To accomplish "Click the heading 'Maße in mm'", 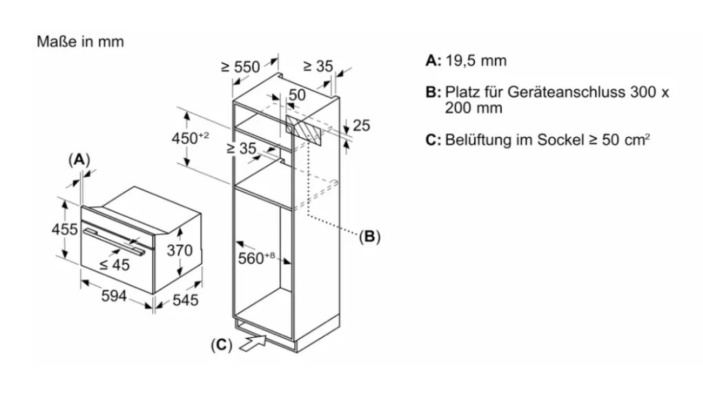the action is click(x=80, y=42).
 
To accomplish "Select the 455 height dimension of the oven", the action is click(x=65, y=229).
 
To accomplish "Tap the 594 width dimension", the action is click(x=114, y=296).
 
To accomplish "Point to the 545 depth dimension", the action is click(x=185, y=300).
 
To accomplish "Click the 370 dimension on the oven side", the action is click(x=179, y=250).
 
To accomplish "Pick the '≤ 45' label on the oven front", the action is click(x=114, y=265).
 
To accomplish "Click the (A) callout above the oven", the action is click(x=79, y=160).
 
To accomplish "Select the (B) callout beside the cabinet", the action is click(x=369, y=236).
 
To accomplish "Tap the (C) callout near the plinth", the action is click(x=221, y=345).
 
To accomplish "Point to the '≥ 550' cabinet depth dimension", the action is click(x=241, y=67).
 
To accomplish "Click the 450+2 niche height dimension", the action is click(x=190, y=138).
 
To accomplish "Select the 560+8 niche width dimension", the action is click(x=256, y=258).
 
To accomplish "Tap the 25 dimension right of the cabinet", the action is click(x=361, y=125).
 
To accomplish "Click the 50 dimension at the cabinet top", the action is click(x=297, y=95).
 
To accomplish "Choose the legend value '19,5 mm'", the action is click(x=476, y=61).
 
